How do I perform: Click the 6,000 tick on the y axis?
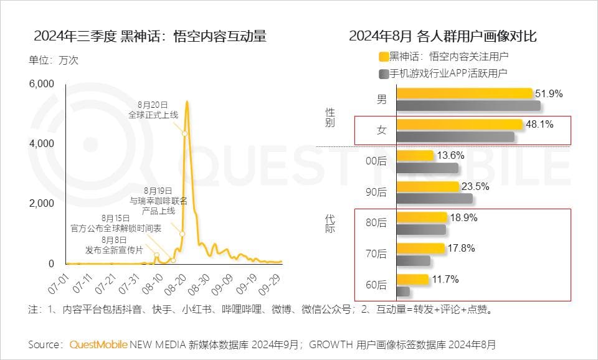click(x=42, y=83)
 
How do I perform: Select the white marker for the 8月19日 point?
click(x=182, y=234)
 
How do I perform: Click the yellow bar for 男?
click(x=465, y=93)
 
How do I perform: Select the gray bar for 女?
click(x=455, y=136)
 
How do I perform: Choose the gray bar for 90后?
click(x=434, y=199)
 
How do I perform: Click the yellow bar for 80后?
click(x=422, y=217)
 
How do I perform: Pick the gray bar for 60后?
click(x=403, y=291)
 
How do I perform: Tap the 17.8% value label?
click(x=462, y=248)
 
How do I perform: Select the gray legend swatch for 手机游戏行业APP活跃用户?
click(x=384, y=73)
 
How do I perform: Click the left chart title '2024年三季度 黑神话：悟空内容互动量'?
click(x=150, y=37)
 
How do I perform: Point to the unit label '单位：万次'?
click(x=54, y=60)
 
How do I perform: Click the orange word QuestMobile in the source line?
click(x=98, y=344)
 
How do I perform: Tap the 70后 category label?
click(x=376, y=254)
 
